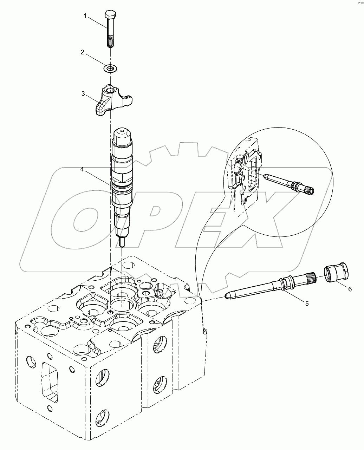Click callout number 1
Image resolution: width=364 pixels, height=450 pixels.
click(85, 16)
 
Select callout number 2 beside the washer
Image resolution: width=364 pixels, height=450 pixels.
click(82, 52)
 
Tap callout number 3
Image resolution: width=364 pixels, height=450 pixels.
click(83, 93)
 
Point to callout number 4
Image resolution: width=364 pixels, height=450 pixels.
click(82, 169)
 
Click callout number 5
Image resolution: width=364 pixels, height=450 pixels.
click(307, 304)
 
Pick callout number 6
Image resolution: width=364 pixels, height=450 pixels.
click(350, 289)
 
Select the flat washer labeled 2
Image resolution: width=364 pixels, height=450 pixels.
click(110, 68)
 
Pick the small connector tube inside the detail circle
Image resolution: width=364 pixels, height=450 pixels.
click(288, 183)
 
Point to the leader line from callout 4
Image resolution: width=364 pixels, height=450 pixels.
click(98, 176)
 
